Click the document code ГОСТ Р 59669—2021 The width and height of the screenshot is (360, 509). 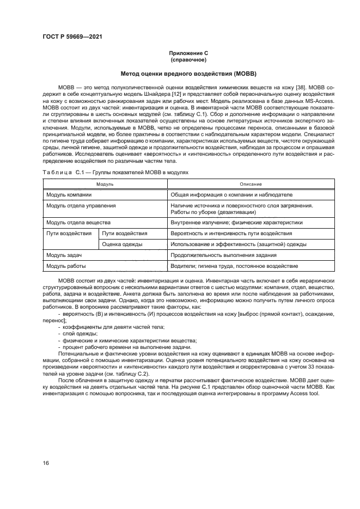tap(72, 36)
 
